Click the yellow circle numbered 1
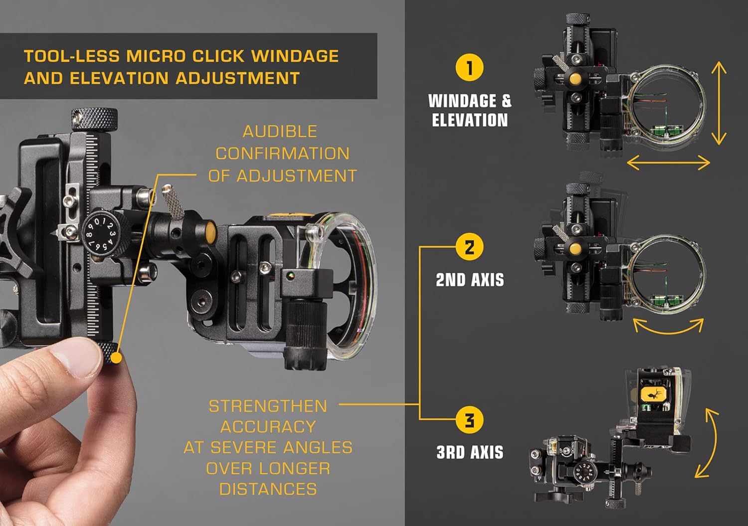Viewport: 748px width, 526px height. click(469, 67)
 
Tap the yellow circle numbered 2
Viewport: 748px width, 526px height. click(469, 247)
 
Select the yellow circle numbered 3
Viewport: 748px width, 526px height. click(469, 420)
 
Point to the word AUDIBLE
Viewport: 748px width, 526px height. click(280, 132)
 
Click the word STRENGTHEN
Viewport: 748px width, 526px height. click(268, 406)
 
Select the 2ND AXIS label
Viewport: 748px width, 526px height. click(470, 280)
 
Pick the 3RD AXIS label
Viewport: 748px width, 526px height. click(470, 452)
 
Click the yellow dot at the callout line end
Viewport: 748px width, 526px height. click(116, 357)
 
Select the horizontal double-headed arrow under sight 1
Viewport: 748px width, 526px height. click(668, 163)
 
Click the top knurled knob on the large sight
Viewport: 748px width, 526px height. click(94, 119)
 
